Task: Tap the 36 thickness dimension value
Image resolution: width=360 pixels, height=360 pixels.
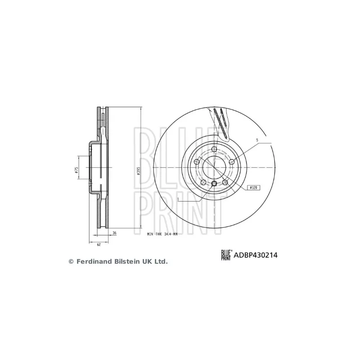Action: pyautogui.click(x=114, y=233)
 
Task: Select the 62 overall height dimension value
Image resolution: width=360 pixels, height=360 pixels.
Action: pyautogui.click(x=99, y=244)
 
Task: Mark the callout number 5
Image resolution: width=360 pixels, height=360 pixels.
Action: pyautogui.click(x=257, y=140)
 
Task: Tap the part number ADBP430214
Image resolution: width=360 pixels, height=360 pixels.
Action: pyautogui.click(x=255, y=255)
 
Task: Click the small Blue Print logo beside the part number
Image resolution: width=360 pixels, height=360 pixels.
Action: pyautogui.click(x=226, y=255)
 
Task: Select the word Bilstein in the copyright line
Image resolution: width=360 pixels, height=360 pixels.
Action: pyautogui.click(x=127, y=261)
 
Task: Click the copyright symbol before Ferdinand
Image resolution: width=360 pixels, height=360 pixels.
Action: pyautogui.click(x=70, y=261)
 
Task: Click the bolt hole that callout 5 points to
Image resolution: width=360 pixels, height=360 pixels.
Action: pyautogui.click(x=231, y=162)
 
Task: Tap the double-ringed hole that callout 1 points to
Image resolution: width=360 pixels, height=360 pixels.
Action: pyautogui.click(x=214, y=183)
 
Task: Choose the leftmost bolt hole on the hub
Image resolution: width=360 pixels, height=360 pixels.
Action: pyautogui.click(x=196, y=162)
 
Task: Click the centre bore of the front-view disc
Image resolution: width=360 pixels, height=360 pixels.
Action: pyautogui.click(x=214, y=167)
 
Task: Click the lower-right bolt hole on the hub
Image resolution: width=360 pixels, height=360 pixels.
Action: pyautogui.click(x=225, y=182)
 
